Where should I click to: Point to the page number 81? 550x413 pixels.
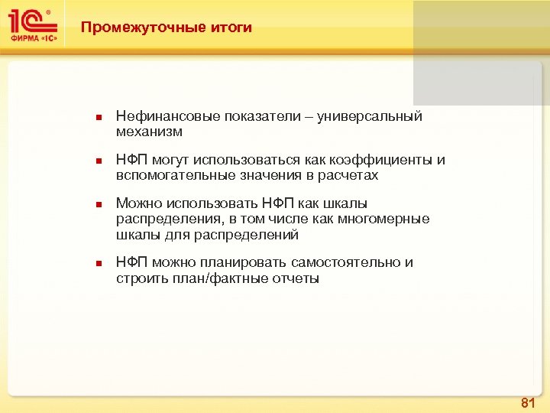pyautogui.click(x=527, y=402)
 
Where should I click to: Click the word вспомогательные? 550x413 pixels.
pyautogui.click(x=164, y=175)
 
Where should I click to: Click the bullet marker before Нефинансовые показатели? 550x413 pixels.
pyautogui.click(x=98, y=118)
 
